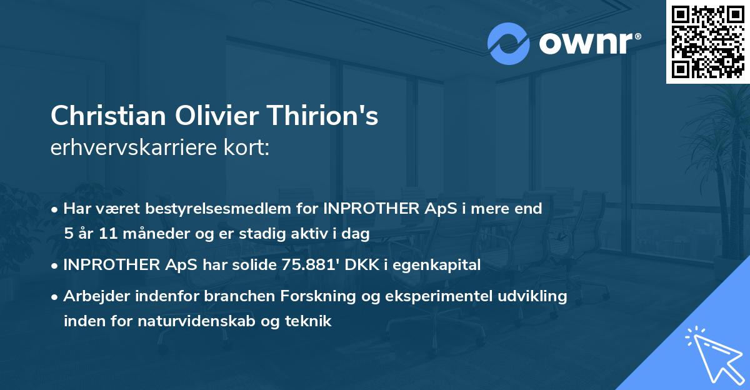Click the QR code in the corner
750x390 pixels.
pos(707,42)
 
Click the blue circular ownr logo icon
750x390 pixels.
pos(509,43)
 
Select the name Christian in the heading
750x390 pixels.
pos(103,116)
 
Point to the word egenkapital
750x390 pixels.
pos(440,265)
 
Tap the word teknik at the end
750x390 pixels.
pos(311,321)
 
